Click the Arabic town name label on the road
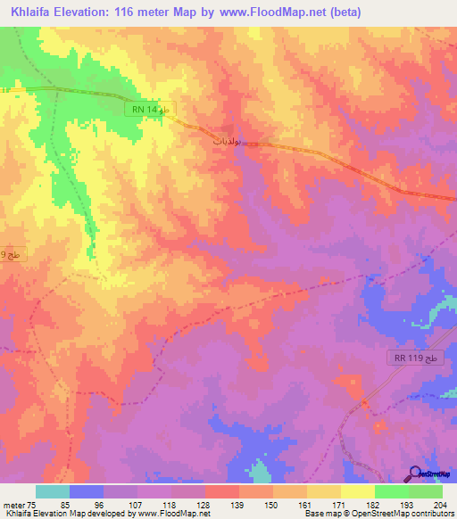pyautogui.click(x=227, y=141)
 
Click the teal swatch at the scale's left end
pyautogui.click(x=52, y=491)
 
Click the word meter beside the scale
pyautogui.click(x=14, y=505)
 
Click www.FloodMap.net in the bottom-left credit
pyautogui.click(x=175, y=514)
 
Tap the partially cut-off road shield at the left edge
pyautogui.click(x=7, y=255)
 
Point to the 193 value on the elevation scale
pyautogui.click(x=406, y=505)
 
